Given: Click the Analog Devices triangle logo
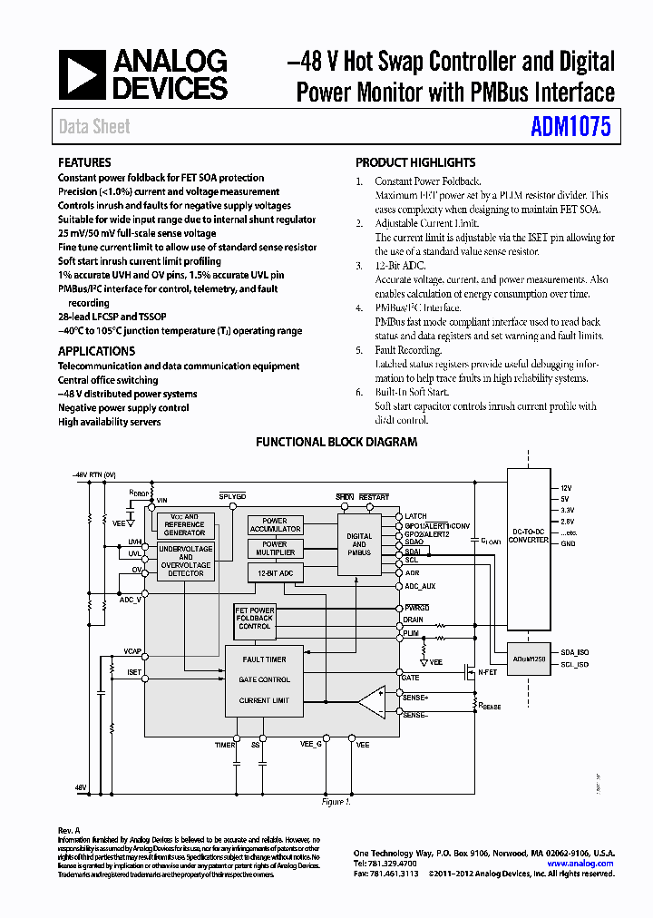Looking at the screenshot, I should pos(83,74).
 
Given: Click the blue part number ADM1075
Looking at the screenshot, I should pos(570,127).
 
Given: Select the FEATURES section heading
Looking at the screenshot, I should pos(84,162).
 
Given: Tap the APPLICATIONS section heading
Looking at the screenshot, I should pos(96,351).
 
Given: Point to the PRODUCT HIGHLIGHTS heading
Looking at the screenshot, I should pos(415,162).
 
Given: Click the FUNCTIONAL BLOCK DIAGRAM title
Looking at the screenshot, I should pos(336,442).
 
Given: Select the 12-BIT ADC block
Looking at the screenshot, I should pos(276,572).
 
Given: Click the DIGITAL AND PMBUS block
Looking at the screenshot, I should pos(359,544).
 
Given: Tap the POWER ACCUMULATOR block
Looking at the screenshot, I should pos(275,525).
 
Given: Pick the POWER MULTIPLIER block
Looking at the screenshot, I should pos(275,549).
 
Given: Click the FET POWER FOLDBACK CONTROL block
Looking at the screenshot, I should pos(255,618).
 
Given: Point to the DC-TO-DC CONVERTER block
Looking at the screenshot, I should pos(530,535).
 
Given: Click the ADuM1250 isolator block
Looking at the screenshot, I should pos(530,659).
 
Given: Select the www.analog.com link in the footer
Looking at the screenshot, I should pos(580,864).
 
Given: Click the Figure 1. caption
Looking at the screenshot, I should pos(336,802).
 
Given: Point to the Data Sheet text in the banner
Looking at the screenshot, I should pos(94,127).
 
